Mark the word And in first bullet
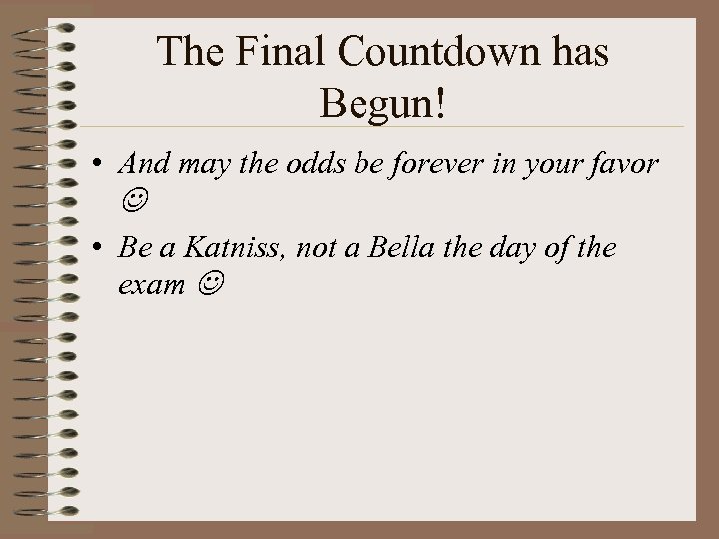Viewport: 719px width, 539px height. tap(141, 163)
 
